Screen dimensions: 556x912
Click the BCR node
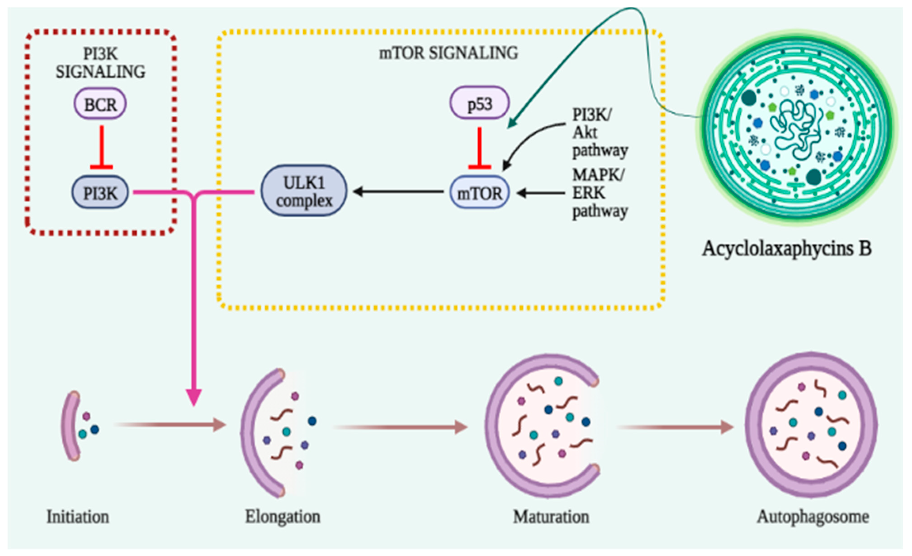100,104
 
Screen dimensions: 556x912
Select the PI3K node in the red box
100,193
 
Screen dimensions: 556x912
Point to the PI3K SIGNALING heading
100,63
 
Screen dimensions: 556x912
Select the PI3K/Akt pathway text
600,133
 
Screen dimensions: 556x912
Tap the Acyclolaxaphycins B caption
787,248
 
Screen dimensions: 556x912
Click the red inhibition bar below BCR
102,148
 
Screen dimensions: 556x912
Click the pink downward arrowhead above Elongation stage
194,397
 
